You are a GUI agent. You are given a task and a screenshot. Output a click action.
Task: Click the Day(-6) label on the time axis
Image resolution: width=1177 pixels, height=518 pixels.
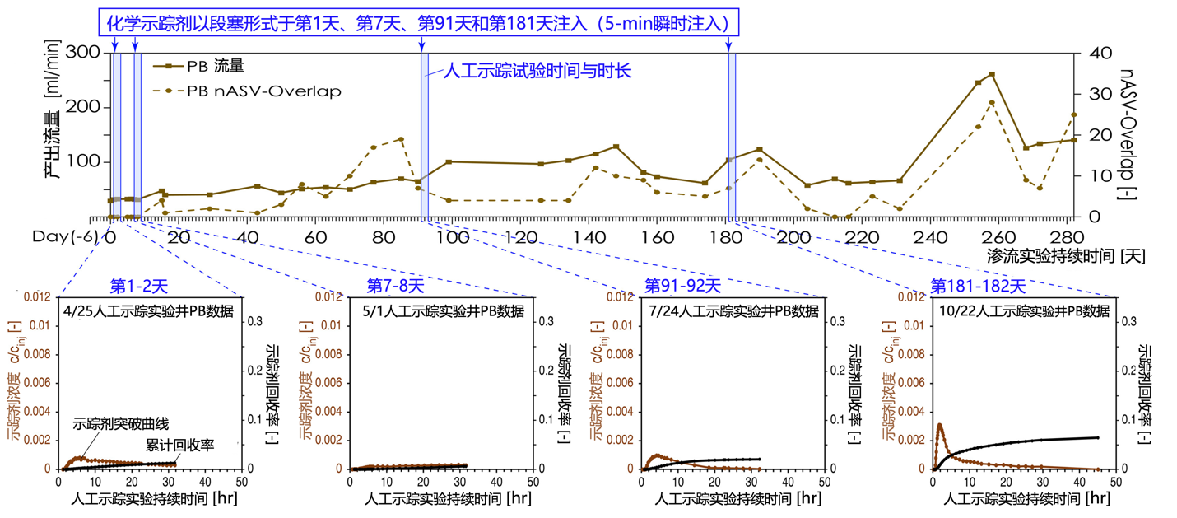pyautogui.click(x=67, y=236)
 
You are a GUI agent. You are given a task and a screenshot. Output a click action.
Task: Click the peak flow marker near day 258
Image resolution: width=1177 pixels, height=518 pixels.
pyautogui.click(x=992, y=74)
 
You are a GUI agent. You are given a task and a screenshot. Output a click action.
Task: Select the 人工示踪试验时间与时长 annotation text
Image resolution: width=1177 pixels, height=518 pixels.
pyautogui.click(x=537, y=72)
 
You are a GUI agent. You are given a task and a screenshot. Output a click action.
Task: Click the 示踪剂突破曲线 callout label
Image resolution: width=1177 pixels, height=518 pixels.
pyautogui.click(x=121, y=424)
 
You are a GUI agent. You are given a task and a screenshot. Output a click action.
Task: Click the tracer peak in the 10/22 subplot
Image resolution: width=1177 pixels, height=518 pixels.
pyautogui.click(x=939, y=425)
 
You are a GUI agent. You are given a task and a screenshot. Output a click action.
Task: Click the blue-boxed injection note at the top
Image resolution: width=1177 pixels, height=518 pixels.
pyautogui.click(x=425, y=22)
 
